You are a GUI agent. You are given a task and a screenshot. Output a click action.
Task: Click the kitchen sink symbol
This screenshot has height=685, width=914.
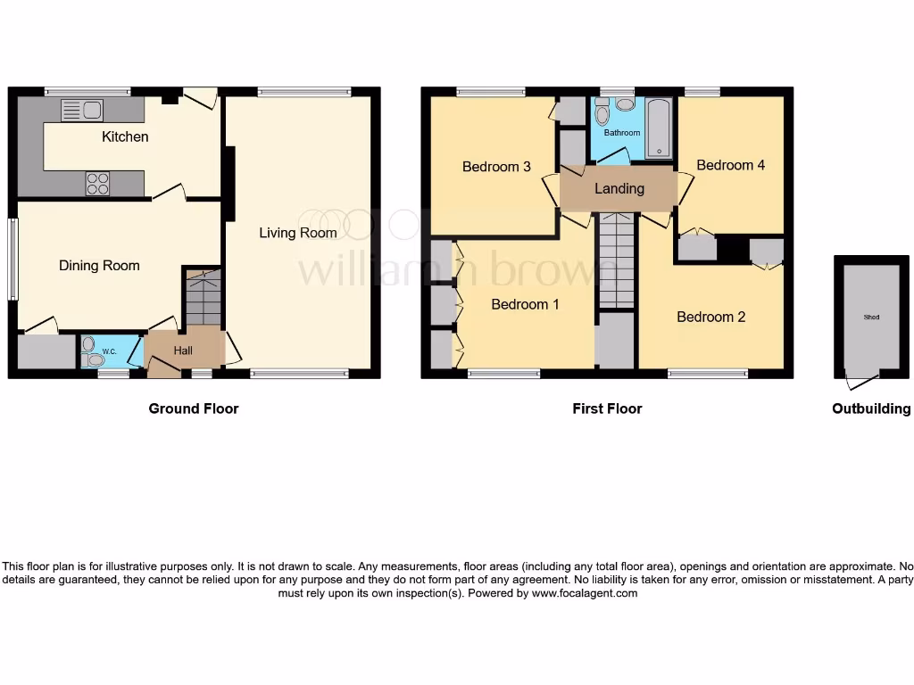pos(81,111)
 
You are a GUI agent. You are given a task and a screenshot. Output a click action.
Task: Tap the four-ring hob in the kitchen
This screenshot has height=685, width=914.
pos(97,184)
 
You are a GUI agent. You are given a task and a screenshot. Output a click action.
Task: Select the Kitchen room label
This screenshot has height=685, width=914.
pos(125,136)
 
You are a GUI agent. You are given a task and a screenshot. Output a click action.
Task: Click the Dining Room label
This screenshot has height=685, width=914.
pos(99,265)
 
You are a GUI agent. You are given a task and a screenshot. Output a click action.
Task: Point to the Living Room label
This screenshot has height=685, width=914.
pos(298,233)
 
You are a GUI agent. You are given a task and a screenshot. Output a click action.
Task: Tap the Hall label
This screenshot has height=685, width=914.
pos(183,351)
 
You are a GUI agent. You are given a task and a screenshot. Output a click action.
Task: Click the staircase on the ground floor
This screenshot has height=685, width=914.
pos(203,299)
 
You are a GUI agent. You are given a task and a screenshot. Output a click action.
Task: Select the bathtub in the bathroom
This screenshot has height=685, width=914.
pos(660,130)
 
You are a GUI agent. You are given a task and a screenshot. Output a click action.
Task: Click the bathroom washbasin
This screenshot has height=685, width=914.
pos(626,104)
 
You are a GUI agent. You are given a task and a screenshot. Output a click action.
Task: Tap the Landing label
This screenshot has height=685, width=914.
pos(619,188)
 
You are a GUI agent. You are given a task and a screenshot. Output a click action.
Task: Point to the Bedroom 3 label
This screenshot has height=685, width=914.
pos(496,167)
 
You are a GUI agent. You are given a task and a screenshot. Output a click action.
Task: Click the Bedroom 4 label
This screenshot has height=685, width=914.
pos(731,165)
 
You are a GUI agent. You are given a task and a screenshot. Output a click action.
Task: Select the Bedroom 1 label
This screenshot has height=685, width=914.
pos(526,304)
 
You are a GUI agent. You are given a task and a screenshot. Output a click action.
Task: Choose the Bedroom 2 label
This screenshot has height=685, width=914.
pos(710,317)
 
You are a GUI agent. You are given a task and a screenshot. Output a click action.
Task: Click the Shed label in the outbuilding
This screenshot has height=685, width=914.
pos(870,317)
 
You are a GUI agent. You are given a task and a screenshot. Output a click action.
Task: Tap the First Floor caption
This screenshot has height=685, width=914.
pos(607,409)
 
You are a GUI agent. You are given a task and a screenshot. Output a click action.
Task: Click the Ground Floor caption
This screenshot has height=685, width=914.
pos(194,409)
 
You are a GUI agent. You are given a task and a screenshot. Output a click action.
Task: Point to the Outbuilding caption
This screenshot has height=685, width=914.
pos(871,409)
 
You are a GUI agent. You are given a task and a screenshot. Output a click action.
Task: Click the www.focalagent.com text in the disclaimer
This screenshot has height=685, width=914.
pos(584,593)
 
